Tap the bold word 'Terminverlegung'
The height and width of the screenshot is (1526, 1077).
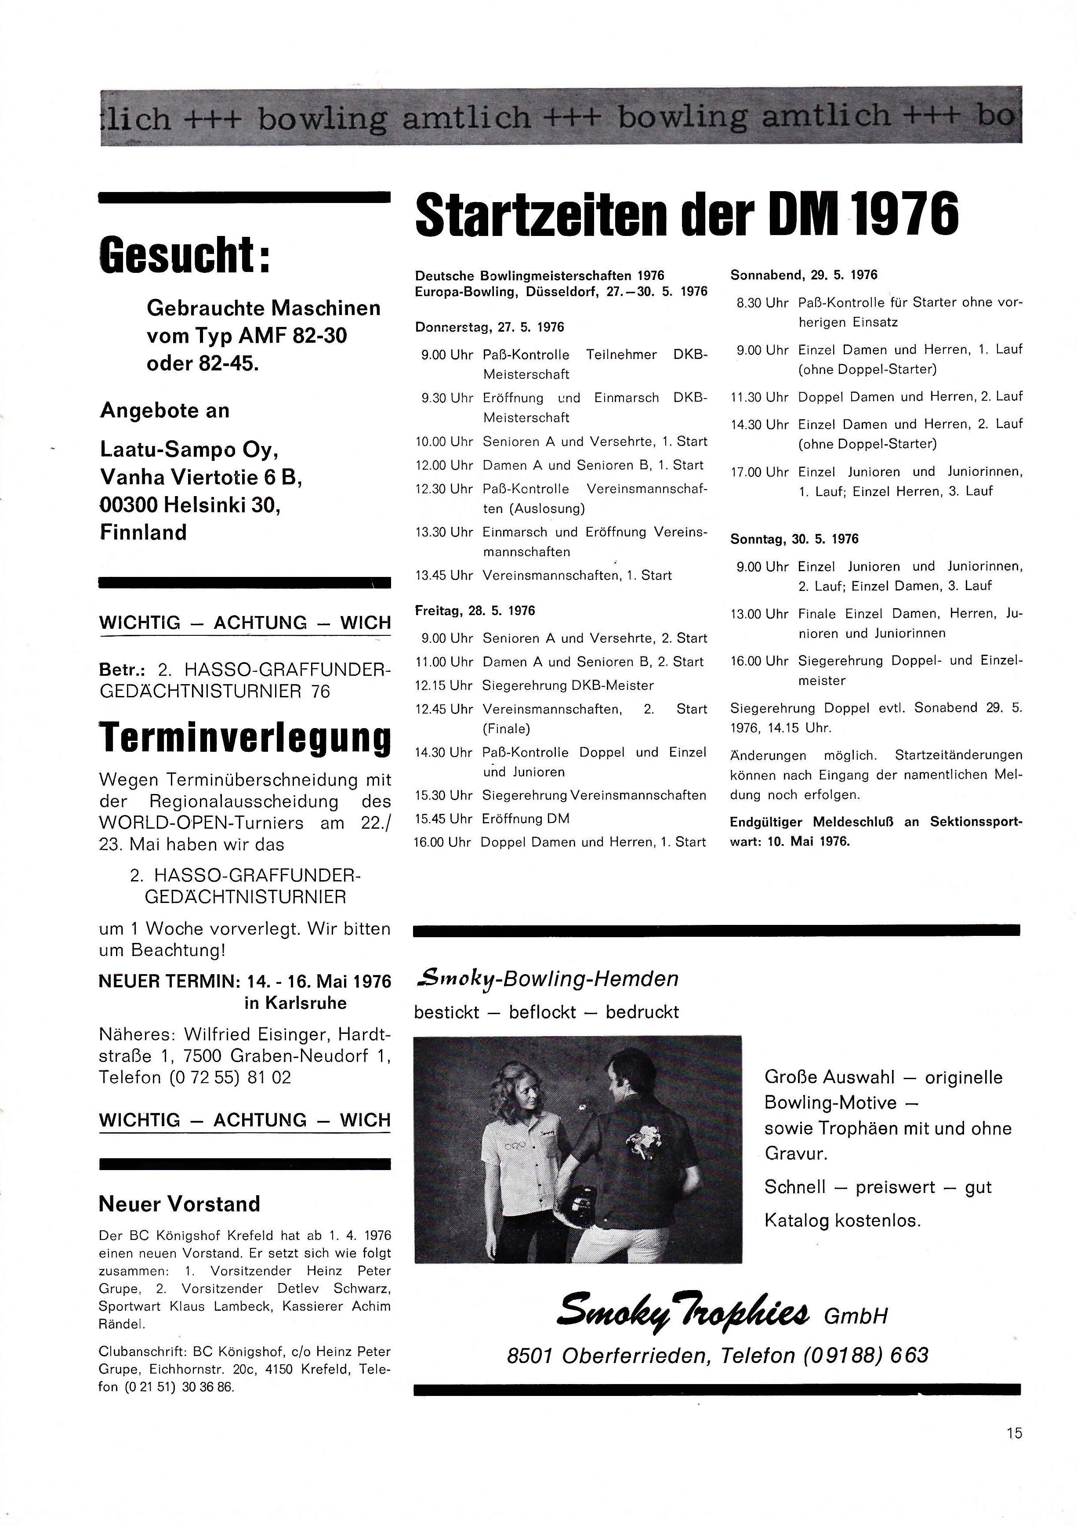pyautogui.click(x=245, y=738)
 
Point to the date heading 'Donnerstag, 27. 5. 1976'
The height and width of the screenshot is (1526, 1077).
pyautogui.click(x=490, y=327)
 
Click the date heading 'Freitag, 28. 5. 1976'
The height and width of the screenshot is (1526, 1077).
pyautogui.click(x=475, y=610)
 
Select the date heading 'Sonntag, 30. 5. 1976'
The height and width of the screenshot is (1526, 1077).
pyautogui.click(x=794, y=539)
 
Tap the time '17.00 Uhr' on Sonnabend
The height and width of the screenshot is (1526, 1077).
pyautogui.click(x=759, y=472)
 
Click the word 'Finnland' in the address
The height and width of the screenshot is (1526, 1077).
pyautogui.click(x=143, y=533)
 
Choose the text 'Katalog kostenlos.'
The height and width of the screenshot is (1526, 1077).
pyautogui.click(x=842, y=1220)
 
